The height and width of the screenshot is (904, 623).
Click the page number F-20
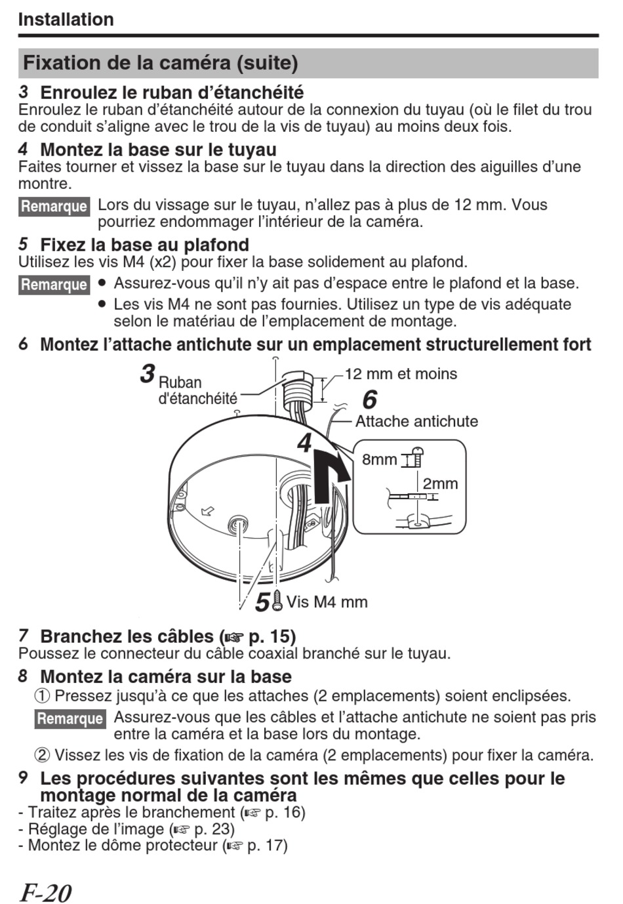pos(45,892)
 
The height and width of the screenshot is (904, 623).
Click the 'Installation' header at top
pos(66,20)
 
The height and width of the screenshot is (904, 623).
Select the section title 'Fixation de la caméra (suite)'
pos(161,63)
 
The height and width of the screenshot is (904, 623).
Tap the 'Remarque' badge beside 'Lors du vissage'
pos(54,207)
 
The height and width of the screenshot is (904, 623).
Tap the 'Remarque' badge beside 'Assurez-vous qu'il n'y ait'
pos(54,285)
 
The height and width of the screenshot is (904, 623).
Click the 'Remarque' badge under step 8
pos(70,718)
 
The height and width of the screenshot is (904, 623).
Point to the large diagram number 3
pos(148,374)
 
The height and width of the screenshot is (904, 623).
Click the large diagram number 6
pos(370,399)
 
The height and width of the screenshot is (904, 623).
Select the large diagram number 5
pos(262,602)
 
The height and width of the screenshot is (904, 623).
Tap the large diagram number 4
pos(304,443)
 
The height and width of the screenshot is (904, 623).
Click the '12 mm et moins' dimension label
pos(401,374)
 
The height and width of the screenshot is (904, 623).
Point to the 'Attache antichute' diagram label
pos(416,421)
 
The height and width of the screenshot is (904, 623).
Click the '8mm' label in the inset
pos(379,459)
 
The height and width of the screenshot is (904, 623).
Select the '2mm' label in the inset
pos(440,483)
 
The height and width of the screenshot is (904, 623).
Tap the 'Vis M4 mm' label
pos(327,602)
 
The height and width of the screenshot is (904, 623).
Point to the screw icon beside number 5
pos(277,600)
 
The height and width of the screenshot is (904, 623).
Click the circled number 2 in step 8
pos(42,755)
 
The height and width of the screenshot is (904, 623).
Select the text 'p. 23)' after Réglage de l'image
pos(214,829)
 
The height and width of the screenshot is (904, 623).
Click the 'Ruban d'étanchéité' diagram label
pos(197,390)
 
